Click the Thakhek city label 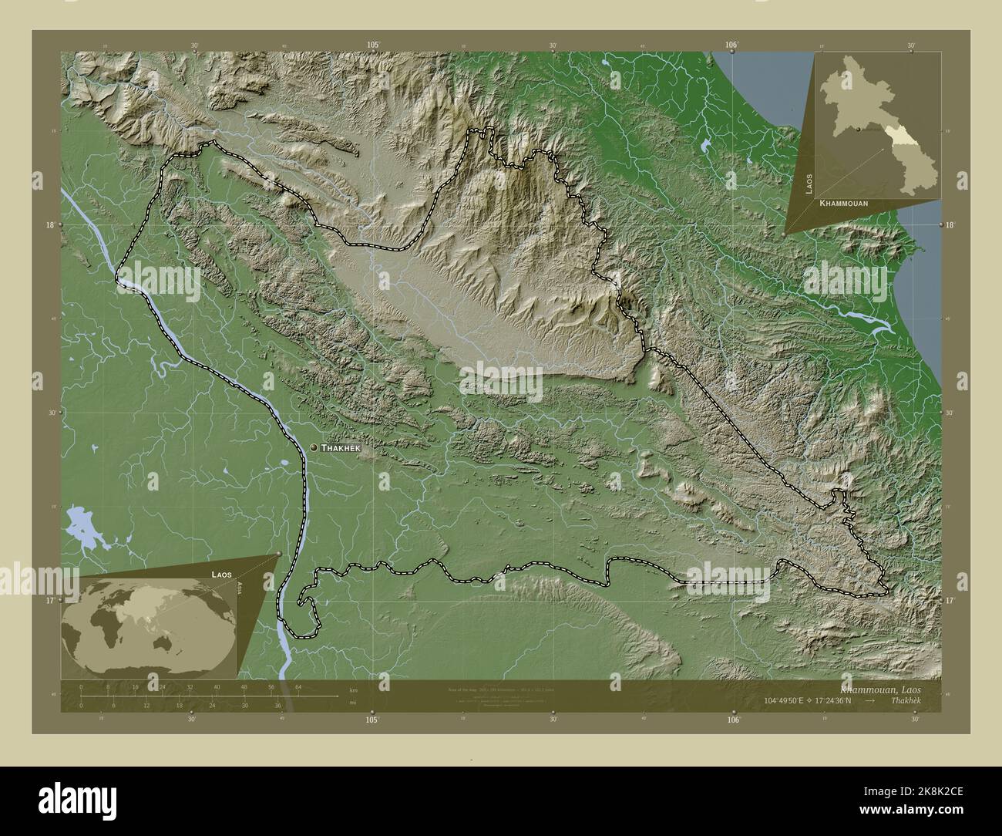click(341, 448)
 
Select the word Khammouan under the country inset click(844, 203)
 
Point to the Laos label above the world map click(222, 575)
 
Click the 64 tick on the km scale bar click(298, 686)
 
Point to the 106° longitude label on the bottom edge click(733, 720)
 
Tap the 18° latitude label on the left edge click(49, 224)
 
